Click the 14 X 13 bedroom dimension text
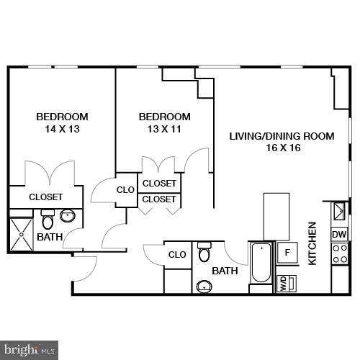(x=62, y=130)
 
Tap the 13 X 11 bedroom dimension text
(x=164, y=130)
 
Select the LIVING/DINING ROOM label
(x=282, y=135)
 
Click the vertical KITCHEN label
(x=312, y=243)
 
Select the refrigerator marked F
(x=287, y=253)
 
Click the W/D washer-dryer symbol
(x=284, y=282)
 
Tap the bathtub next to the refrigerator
(x=260, y=265)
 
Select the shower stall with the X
(x=22, y=231)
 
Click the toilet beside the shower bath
(x=48, y=219)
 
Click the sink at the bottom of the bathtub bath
(x=204, y=287)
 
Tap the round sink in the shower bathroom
(x=69, y=215)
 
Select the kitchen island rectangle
(x=276, y=216)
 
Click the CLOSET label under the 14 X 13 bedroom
(x=46, y=197)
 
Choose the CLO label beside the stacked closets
(x=126, y=190)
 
